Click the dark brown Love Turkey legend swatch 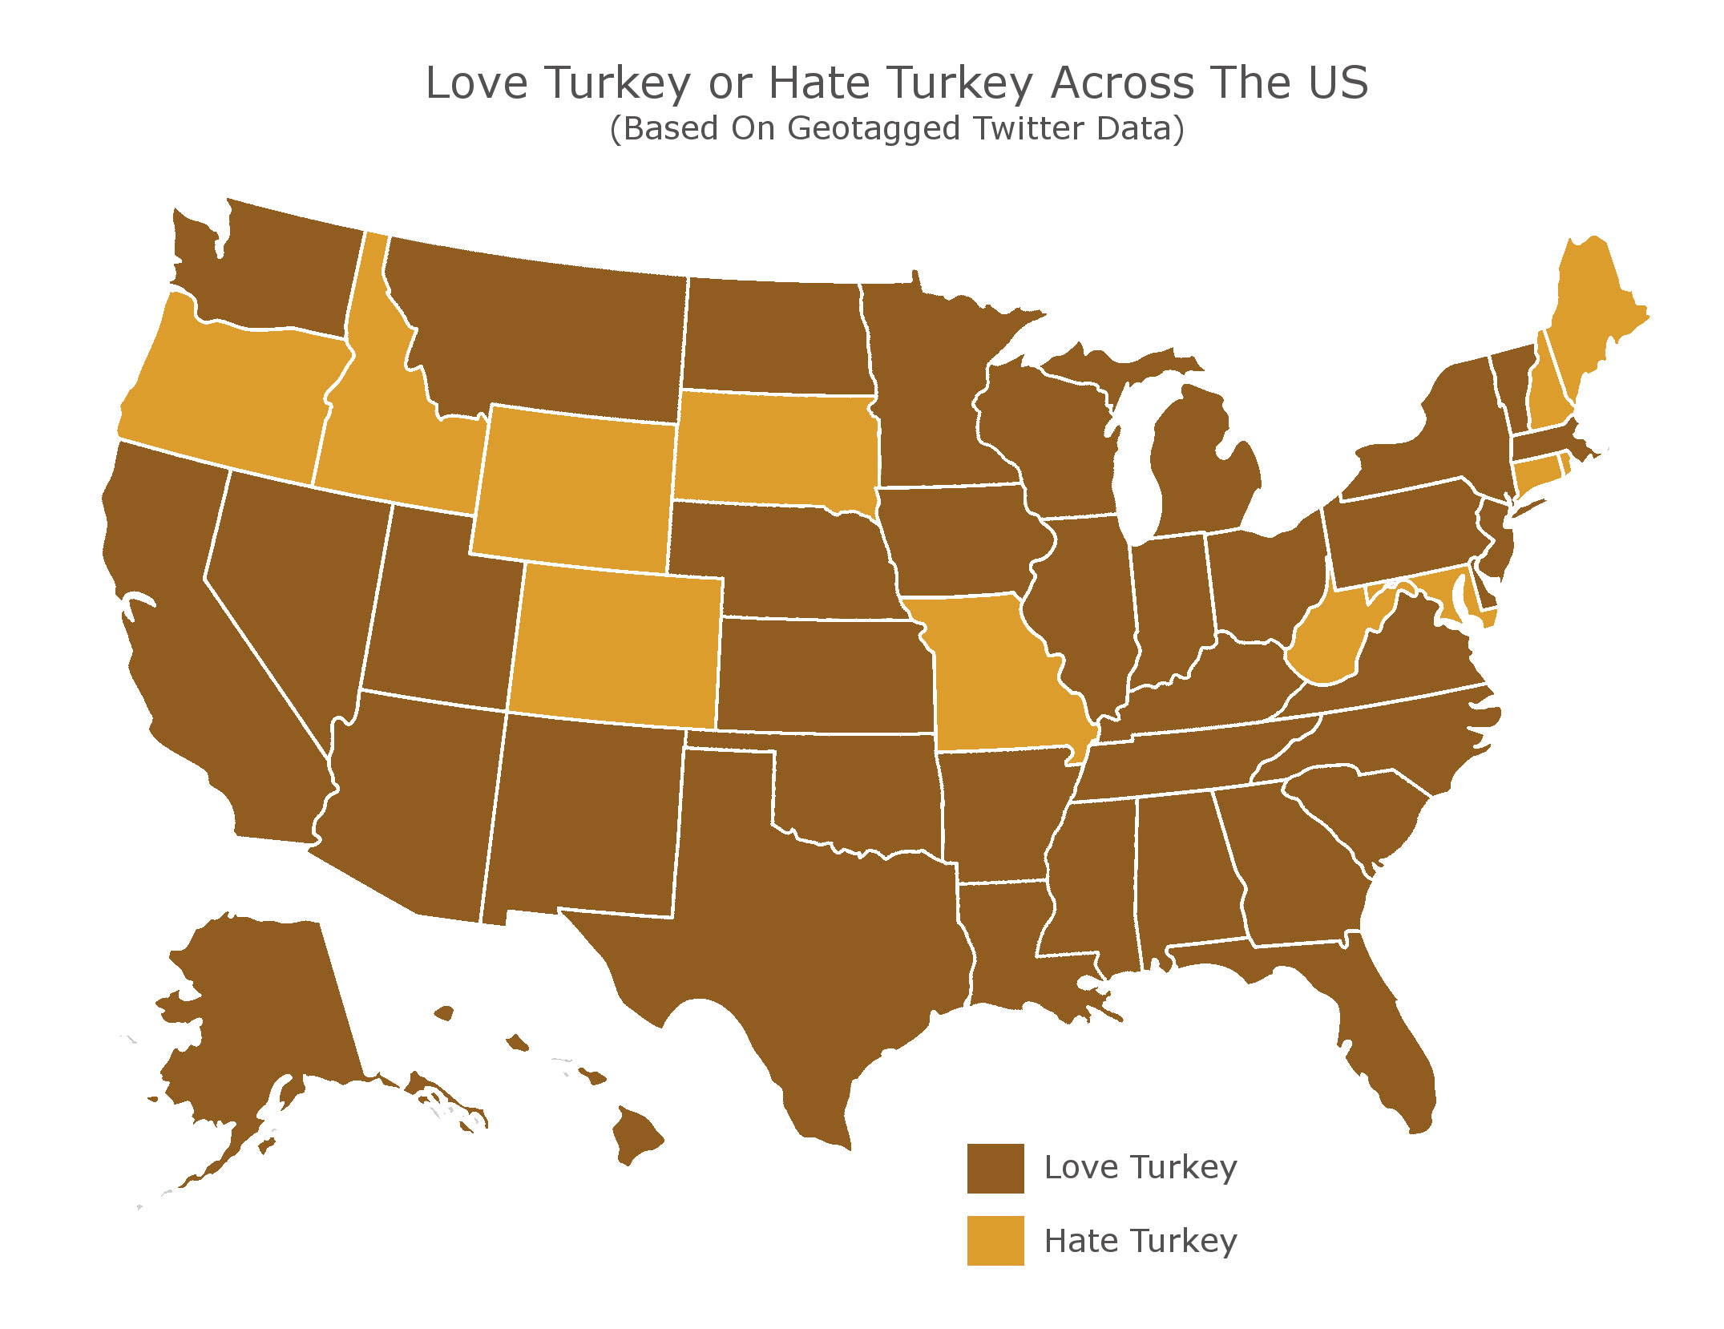pyautogui.click(x=995, y=1168)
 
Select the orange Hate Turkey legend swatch pyautogui.click(x=995, y=1241)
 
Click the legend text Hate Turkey pyautogui.click(x=1140, y=1241)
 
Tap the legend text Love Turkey pyautogui.click(x=1140, y=1168)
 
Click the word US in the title pyautogui.click(x=1338, y=83)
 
